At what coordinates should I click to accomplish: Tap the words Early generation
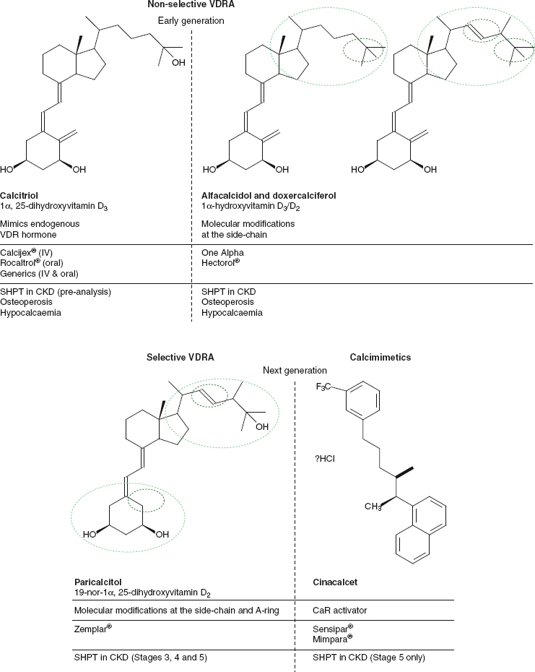191,20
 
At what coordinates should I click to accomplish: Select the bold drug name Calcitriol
19,196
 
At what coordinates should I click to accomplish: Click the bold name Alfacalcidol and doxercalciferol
268,196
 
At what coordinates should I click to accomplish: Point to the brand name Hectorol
220,264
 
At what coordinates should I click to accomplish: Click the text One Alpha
222,253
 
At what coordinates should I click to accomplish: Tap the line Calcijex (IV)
32,253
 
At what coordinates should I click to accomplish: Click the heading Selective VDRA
180,357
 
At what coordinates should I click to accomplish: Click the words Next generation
295,371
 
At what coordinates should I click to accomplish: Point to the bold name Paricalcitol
98,582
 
